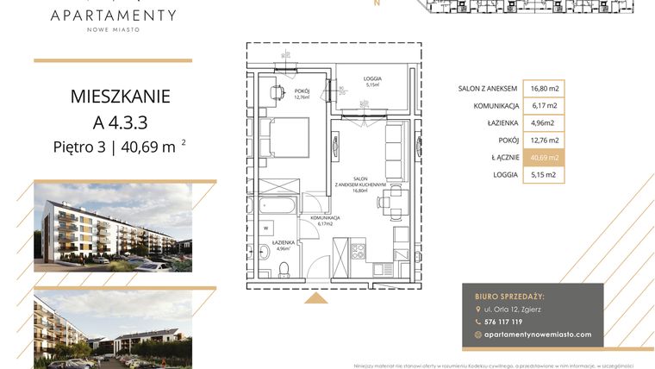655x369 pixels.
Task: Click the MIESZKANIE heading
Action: [120, 96]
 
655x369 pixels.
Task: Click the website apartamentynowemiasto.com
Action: [539, 335]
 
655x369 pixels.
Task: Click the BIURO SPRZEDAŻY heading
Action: [515, 295]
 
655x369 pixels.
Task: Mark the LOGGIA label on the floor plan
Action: [372, 79]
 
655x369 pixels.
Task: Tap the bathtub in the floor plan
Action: [276, 206]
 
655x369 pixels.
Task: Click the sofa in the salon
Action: [394, 150]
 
